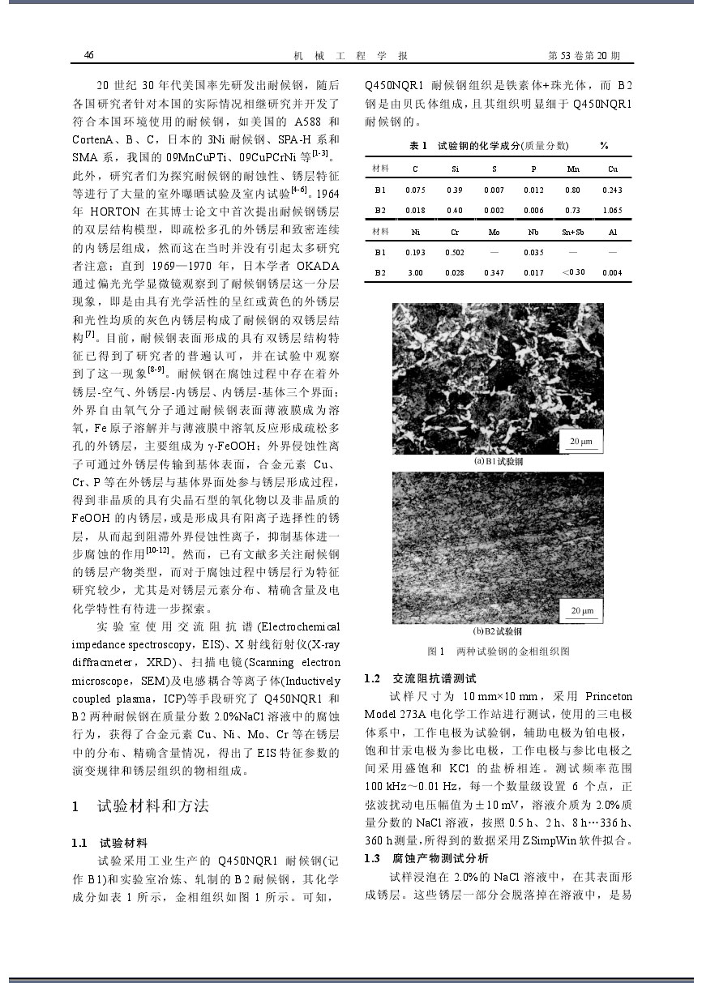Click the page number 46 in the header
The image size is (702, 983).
[89, 55]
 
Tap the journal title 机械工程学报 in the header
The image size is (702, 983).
[349, 56]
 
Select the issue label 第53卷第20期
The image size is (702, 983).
[584, 56]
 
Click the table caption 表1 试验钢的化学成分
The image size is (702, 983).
[489, 145]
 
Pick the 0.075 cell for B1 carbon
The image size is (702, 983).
[415, 190]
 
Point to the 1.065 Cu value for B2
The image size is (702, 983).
[613, 211]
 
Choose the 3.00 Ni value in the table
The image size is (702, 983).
[415, 273]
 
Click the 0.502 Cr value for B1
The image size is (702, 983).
[455, 253]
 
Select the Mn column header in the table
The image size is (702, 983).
[573, 169]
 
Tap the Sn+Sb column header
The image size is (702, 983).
[573, 232]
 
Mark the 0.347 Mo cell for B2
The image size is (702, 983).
[494, 273]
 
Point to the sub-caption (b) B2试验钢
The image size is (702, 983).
[498, 631]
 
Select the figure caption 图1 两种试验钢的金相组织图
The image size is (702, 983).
[498, 652]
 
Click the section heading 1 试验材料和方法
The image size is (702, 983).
[141, 806]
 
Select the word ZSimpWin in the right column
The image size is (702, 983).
[529, 840]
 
